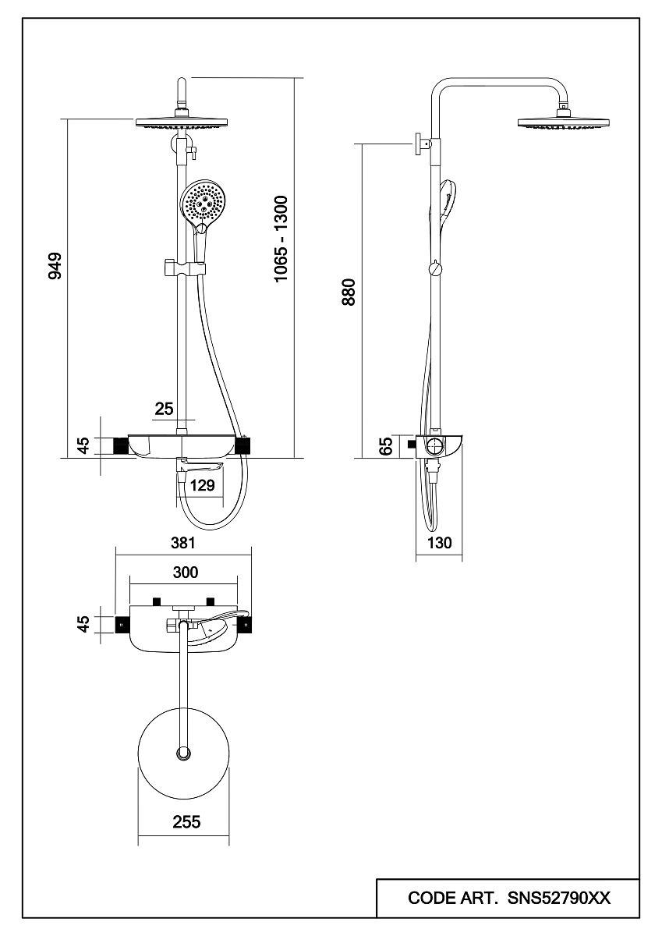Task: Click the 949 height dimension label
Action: [54, 267]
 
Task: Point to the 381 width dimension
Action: [183, 543]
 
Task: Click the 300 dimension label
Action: [186, 573]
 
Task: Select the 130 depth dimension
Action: [440, 544]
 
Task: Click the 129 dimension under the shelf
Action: [203, 486]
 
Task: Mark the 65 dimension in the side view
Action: [385, 446]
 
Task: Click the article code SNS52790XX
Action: [559, 899]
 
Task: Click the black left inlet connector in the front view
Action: [121, 445]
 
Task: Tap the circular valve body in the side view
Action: [433, 447]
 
